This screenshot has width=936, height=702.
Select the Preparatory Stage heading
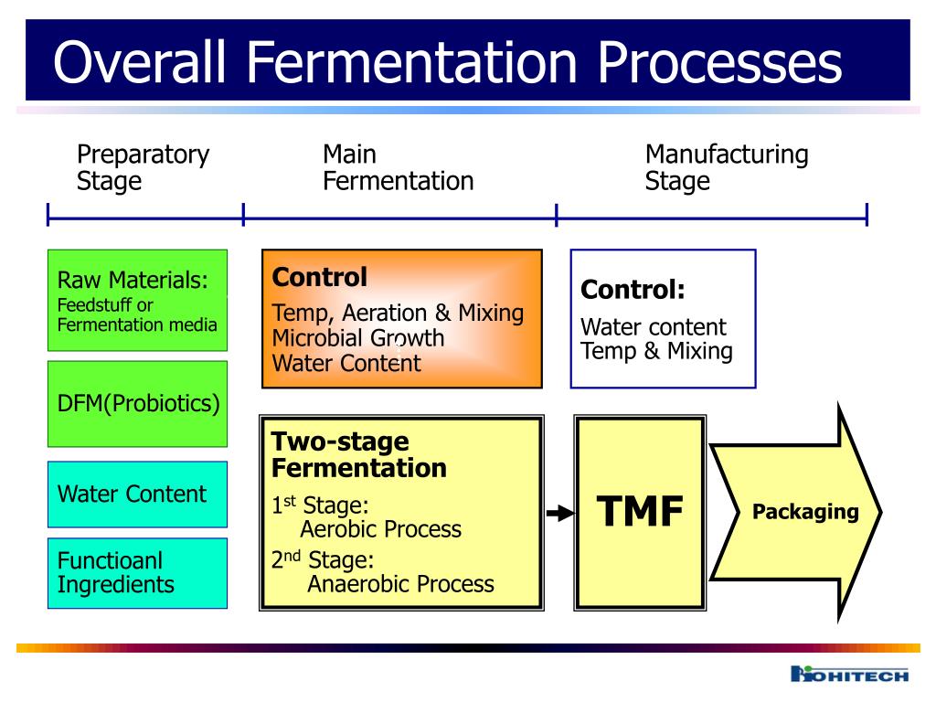point(143,167)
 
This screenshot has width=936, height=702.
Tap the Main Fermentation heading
point(398,167)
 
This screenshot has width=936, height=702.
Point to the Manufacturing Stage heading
point(726,167)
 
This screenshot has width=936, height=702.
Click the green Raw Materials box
point(137,300)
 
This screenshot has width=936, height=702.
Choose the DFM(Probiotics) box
point(137,403)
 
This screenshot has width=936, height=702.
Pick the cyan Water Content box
point(137,495)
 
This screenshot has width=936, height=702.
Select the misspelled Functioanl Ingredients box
point(137,572)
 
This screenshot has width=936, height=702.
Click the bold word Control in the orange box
point(320,278)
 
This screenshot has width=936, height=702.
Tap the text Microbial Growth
point(358,338)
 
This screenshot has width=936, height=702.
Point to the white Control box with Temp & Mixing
point(663,318)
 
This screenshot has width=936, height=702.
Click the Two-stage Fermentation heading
point(358,455)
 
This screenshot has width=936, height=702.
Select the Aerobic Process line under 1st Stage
point(380,529)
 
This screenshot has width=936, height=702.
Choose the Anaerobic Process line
point(400,583)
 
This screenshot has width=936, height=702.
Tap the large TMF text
point(640,512)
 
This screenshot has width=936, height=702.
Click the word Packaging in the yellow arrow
point(805,512)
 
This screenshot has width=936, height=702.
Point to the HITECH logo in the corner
point(849,675)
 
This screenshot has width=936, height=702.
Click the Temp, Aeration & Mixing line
point(398,314)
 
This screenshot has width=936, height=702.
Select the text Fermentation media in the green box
point(137,324)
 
